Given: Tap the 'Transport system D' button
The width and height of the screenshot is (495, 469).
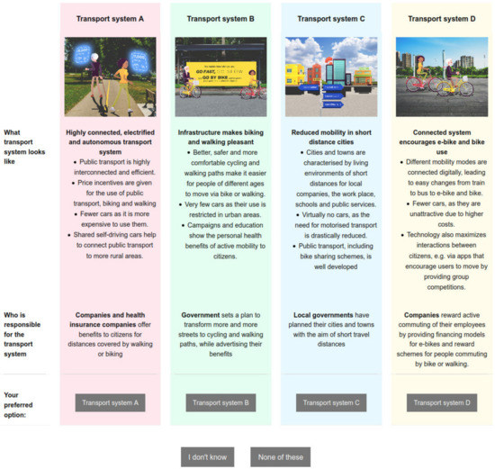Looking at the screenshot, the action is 441,402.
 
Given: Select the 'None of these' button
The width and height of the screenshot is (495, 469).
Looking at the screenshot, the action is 280,457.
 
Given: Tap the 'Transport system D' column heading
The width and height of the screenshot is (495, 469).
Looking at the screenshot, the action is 441,18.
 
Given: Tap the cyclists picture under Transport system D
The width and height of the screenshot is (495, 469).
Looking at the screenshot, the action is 441,77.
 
